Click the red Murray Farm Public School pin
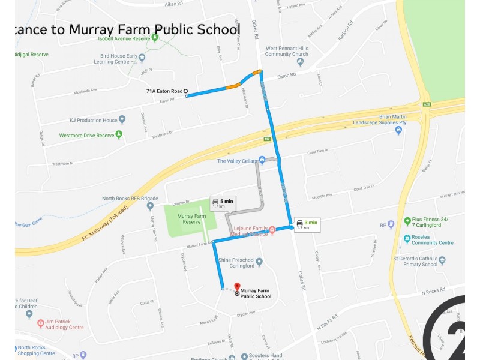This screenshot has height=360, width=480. coord(237,287)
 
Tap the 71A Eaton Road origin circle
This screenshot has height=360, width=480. coord(185,91)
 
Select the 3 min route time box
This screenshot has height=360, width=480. coord(307,224)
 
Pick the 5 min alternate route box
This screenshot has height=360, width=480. coord(222,203)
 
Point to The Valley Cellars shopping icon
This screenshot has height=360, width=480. coord(262,160)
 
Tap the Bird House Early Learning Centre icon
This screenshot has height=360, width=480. coord(142,58)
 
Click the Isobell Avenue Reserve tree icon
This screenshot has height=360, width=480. coord(155,38)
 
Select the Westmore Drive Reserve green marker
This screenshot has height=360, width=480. coord(119,134)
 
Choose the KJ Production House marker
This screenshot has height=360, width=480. coord(122,119)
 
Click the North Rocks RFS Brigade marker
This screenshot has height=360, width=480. coord(150,206)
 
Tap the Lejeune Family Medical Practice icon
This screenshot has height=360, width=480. coord(272,229)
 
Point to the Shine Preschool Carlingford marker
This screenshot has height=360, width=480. coord(259,262)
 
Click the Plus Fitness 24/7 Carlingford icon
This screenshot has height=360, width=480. coord(407,221)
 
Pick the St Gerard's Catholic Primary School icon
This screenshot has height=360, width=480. coord(442,260)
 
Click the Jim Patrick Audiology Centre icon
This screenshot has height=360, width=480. coord(41,324)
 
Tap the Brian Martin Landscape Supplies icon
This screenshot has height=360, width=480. coord(398,130)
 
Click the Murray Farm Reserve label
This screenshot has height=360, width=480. coord(191,219)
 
